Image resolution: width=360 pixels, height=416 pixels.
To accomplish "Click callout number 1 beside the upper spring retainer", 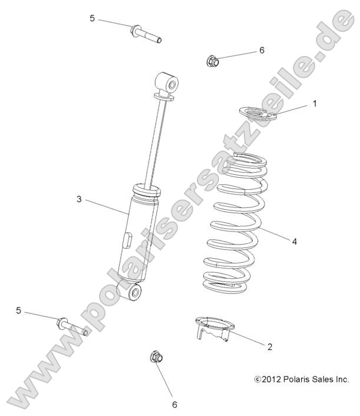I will [315, 104].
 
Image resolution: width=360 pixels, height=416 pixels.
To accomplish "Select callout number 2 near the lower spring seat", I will [270, 346].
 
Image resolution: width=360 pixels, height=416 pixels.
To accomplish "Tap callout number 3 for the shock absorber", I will [79, 199].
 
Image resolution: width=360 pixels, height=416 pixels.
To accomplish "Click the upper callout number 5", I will [92, 18].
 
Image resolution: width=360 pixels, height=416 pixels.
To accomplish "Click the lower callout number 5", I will [18, 311].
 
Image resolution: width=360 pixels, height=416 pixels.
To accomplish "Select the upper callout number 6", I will [262, 50].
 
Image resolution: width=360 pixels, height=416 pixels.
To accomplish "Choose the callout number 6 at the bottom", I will [174, 405].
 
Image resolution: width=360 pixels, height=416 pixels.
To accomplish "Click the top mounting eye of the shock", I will [167, 83].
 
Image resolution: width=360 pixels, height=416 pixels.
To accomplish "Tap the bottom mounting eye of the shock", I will [132, 291].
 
